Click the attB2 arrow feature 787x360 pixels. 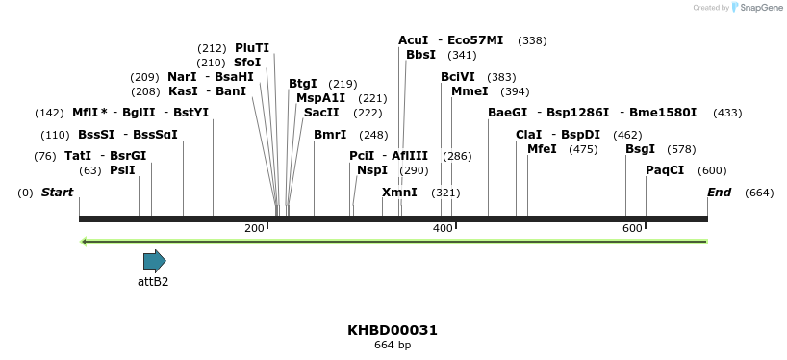coord(154,260)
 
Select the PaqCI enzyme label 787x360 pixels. coord(665,170)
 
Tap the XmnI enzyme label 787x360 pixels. coord(399,193)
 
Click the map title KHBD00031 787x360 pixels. coord(393,330)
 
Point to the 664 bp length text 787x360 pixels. coord(393,346)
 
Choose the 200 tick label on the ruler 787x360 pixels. coord(254,228)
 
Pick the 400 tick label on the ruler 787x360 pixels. coord(443,228)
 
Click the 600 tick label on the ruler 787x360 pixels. coord(632,228)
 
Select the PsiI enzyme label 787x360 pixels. coord(122,170)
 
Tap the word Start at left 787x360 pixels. coord(57,193)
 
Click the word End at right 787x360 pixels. coord(719,193)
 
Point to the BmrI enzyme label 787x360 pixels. coord(330,135)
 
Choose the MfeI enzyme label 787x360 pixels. coord(542,149)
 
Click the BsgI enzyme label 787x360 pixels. coord(640,149)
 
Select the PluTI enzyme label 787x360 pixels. coord(252,48)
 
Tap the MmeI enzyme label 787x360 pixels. coord(470,91)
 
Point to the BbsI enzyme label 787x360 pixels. coord(420,55)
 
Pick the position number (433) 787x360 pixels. coord(727,113)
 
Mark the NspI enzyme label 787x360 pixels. coord(372,170)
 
